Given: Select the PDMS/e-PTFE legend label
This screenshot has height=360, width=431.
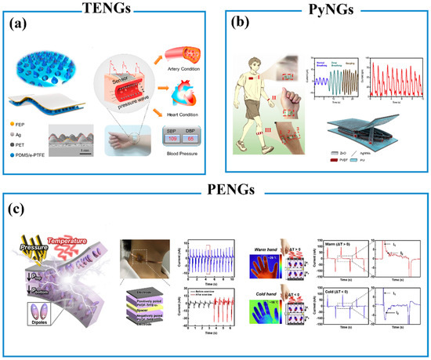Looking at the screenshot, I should coord(39,156).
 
